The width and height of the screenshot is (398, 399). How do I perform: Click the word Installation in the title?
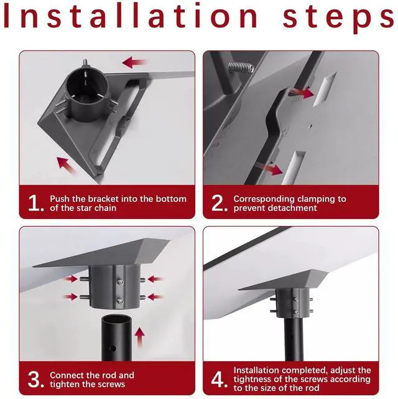[131, 16]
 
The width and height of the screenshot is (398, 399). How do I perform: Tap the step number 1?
[35, 204]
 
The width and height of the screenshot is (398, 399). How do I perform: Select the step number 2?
[219, 204]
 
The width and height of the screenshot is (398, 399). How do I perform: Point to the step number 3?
[35, 380]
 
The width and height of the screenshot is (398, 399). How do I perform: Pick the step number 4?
[219, 380]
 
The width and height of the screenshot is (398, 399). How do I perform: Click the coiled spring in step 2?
[241, 67]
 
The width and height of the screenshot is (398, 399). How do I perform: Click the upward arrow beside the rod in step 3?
[139, 337]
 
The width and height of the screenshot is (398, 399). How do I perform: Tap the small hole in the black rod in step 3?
[113, 348]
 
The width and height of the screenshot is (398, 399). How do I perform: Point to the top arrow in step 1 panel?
[134, 62]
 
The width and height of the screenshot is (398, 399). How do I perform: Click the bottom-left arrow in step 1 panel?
[67, 166]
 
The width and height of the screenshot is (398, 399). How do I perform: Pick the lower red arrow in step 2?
[269, 169]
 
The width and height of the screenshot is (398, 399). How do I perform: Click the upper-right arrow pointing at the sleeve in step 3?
[155, 279]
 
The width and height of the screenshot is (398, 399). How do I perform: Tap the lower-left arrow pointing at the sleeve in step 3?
[70, 297]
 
